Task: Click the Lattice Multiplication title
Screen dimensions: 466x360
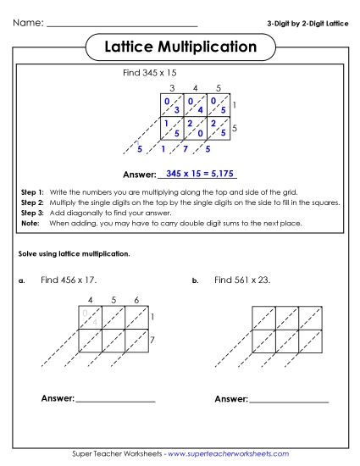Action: point(180,47)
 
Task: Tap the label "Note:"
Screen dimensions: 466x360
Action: point(30,223)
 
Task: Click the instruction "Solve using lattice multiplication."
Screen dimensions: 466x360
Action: point(74,254)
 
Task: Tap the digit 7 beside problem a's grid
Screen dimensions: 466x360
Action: point(152,340)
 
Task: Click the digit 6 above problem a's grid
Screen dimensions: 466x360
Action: point(136,299)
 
